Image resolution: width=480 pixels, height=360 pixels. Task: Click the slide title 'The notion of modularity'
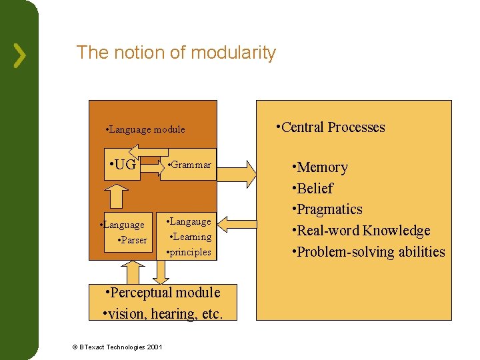(x=176, y=53)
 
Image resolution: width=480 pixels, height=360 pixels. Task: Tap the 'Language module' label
(x=146, y=129)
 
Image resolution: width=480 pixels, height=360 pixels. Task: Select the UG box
(x=122, y=164)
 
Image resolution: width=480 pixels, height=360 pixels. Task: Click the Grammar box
(x=190, y=165)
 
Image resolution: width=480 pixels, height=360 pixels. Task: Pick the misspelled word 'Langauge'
(x=189, y=221)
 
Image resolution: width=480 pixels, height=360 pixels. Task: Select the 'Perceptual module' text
(x=163, y=293)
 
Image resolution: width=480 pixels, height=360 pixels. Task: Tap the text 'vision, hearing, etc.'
(x=161, y=313)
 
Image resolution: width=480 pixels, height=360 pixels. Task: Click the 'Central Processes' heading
(x=331, y=127)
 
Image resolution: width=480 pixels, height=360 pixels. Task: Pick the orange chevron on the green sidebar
(x=21, y=56)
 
